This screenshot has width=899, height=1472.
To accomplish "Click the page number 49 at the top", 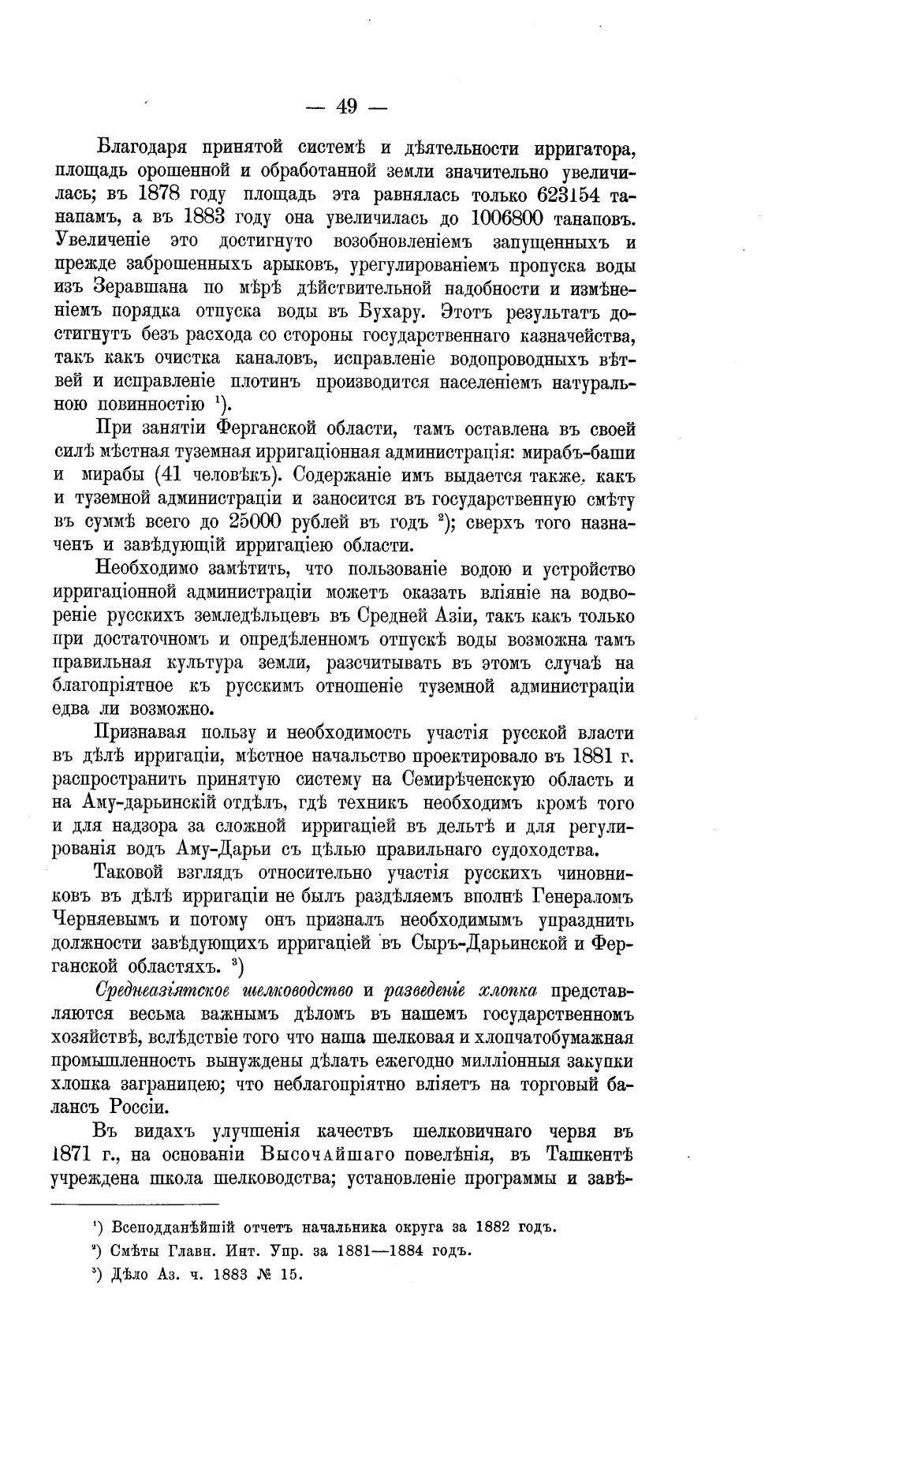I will (346, 106).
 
